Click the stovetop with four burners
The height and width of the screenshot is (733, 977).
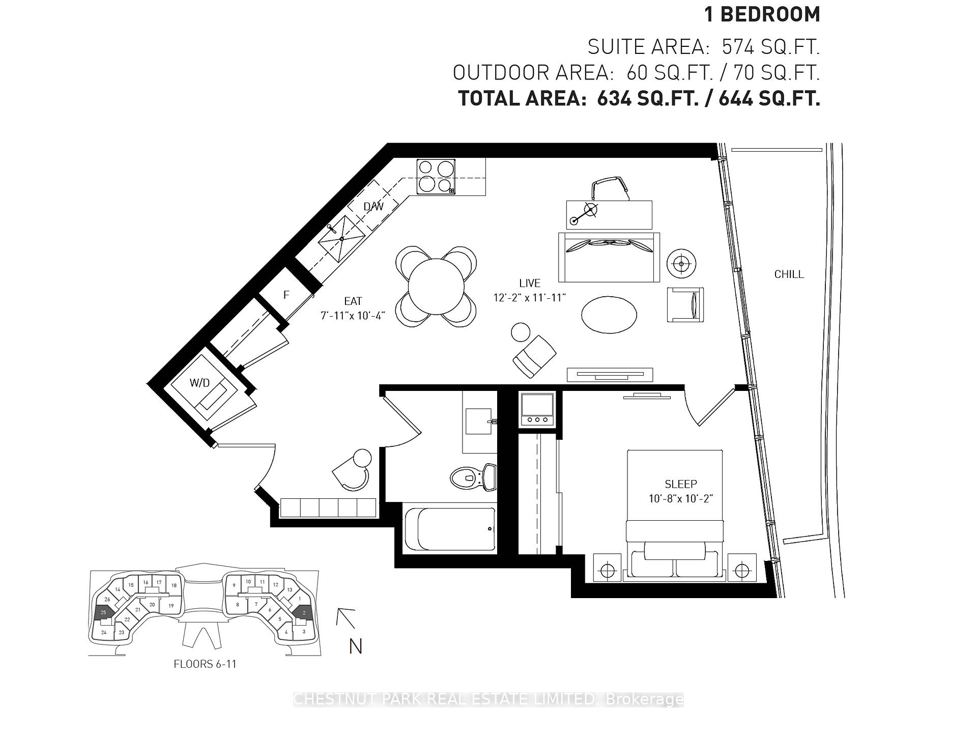[x=436, y=177]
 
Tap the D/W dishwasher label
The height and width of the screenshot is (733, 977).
[x=373, y=207]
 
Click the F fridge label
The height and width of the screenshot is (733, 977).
[x=286, y=295]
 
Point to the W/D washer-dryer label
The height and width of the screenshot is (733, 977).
[x=199, y=383]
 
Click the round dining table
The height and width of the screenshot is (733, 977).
[x=436, y=287]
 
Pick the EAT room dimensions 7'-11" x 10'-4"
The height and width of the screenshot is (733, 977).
[x=353, y=316]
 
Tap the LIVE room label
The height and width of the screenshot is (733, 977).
[x=530, y=283]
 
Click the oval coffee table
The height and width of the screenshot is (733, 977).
[x=609, y=315]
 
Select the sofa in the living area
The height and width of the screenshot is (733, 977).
[x=609, y=257]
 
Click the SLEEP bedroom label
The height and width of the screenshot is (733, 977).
[x=680, y=484]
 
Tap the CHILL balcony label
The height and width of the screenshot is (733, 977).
[x=789, y=274]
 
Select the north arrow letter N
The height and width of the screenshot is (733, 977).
[x=355, y=646]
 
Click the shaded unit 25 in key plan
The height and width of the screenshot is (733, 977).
[x=103, y=612]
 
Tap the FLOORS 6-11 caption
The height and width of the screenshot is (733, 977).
[x=205, y=664]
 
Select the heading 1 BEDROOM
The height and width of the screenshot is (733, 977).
[x=762, y=15]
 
